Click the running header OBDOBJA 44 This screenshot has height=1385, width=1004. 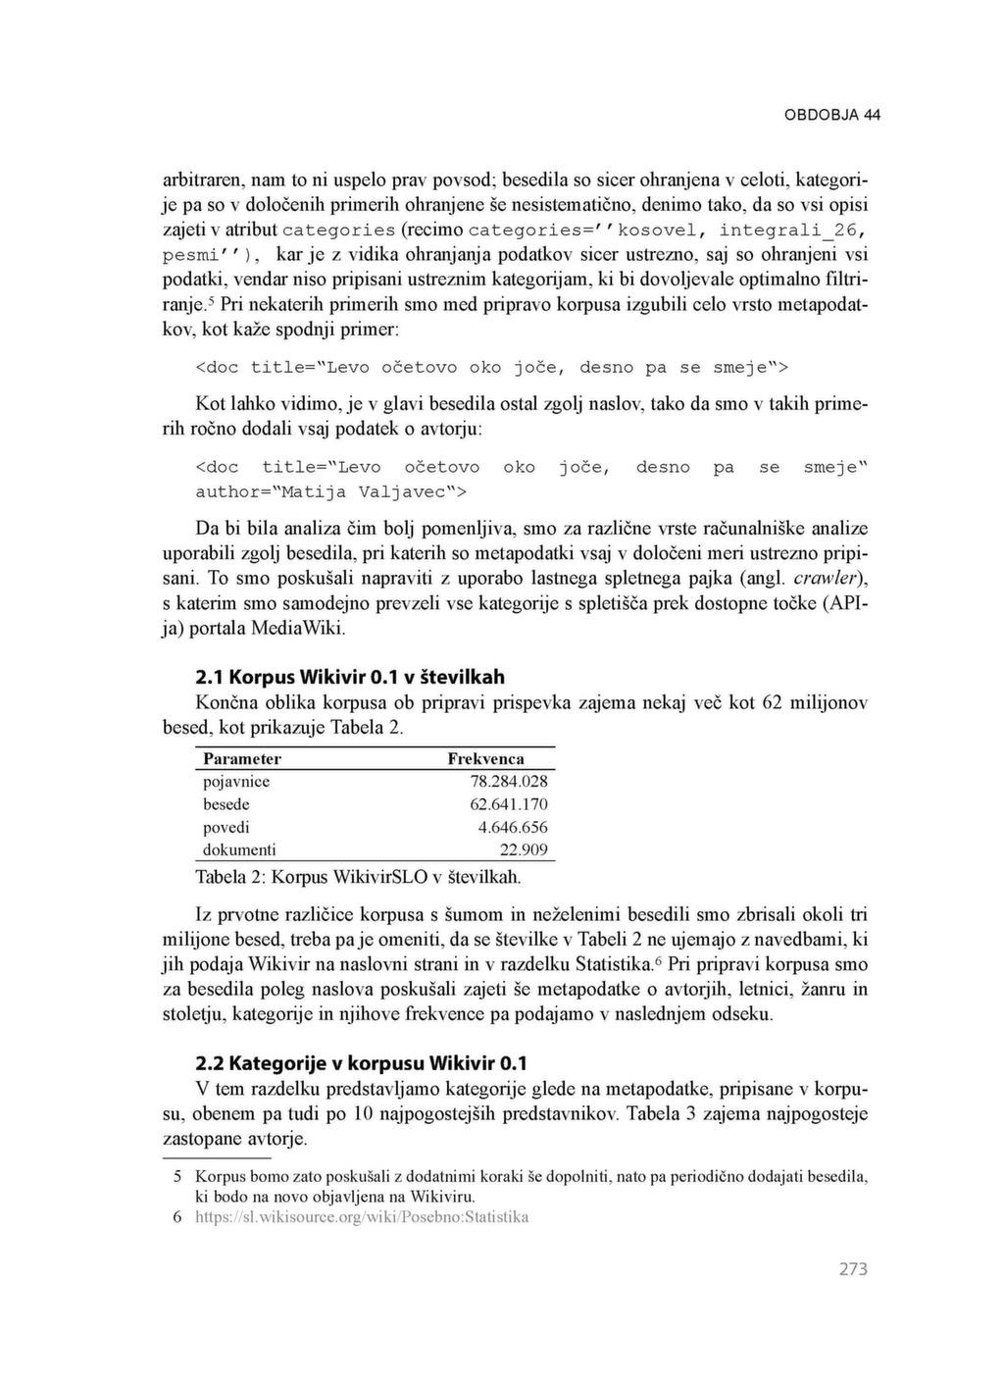[x=832, y=115]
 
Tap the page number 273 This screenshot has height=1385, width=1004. [x=853, y=1269]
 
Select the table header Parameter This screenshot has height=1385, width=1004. [x=241, y=758]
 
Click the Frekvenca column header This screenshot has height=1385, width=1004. [x=485, y=758]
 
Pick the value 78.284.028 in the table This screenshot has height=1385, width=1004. [x=509, y=782]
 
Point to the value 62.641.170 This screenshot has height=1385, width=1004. [x=509, y=804]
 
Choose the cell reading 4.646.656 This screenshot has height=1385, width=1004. [x=513, y=827]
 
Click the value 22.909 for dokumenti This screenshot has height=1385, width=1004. [x=524, y=849]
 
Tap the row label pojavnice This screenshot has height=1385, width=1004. [x=236, y=782]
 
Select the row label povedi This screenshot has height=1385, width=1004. [x=226, y=827]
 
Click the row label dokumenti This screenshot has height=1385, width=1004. [x=239, y=849]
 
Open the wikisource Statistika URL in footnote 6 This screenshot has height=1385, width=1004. [x=362, y=1217]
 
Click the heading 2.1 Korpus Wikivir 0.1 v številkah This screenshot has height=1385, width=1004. [x=350, y=677]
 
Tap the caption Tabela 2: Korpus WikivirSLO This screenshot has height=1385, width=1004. [x=358, y=876]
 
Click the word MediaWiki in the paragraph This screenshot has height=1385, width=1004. [x=296, y=628]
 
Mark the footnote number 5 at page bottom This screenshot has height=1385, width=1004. [x=177, y=1175]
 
